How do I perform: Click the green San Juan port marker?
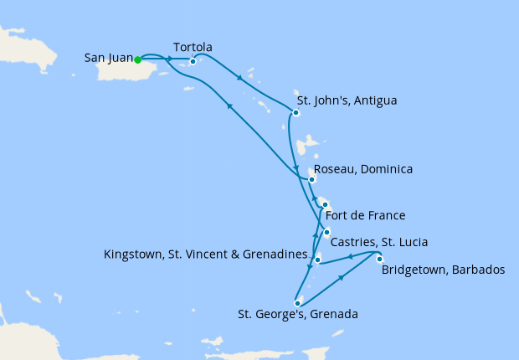[x=137, y=59]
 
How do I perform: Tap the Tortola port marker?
[x=193, y=60]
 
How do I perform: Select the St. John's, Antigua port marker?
[x=295, y=111]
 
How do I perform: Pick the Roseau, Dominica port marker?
[x=311, y=179]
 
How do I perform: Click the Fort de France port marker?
[x=324, y=204]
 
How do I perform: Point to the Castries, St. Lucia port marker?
[x=326, y=232]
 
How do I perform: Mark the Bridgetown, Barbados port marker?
[x=379, y=258]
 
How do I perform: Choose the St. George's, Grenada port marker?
[x=297, y=303]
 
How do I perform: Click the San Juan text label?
[x=108, y=59]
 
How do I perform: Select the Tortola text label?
[x=192, y=47]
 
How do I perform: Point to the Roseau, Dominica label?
[x=363, y=169]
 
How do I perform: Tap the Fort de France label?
[x=365, y=214]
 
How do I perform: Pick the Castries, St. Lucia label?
[x=379, y=242]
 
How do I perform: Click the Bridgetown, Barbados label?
[x=444, y=270]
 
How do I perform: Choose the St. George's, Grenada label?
[x=297, y=315]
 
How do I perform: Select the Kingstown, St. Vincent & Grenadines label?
[x=206, y=252]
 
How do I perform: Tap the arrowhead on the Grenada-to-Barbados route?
[x=341, y=277]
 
